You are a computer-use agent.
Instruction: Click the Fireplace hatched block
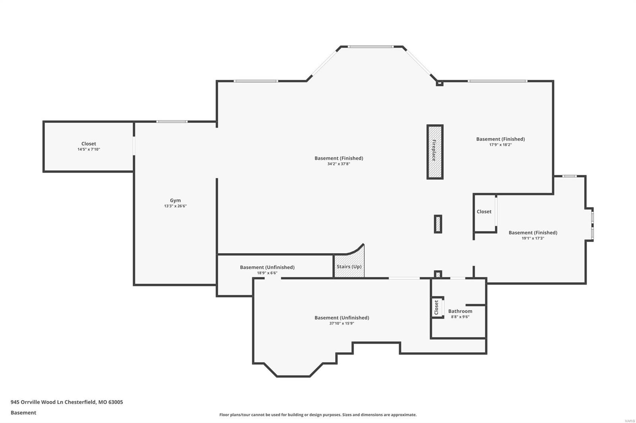435,152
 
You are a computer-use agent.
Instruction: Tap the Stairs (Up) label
349,267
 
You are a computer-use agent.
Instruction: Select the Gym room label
175,200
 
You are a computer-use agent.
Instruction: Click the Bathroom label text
460,311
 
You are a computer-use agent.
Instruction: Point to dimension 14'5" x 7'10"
89,150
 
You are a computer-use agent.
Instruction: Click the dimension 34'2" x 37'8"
338,164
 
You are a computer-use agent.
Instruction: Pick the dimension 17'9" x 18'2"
500,145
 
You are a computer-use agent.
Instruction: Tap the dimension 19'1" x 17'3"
533,238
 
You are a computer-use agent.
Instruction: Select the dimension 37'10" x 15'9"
341,323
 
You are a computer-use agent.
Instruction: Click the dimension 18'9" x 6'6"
267,273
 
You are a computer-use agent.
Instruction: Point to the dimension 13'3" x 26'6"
175,206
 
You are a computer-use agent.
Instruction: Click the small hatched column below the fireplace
438,224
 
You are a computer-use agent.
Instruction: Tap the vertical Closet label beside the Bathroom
436,307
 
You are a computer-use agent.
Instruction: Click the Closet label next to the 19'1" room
484,211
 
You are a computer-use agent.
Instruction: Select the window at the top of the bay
370,47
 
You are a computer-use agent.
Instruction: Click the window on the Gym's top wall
172,121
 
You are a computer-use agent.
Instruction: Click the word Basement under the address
23,413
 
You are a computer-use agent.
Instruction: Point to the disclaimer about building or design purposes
318,415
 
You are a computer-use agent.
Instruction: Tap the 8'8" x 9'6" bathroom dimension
460,317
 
